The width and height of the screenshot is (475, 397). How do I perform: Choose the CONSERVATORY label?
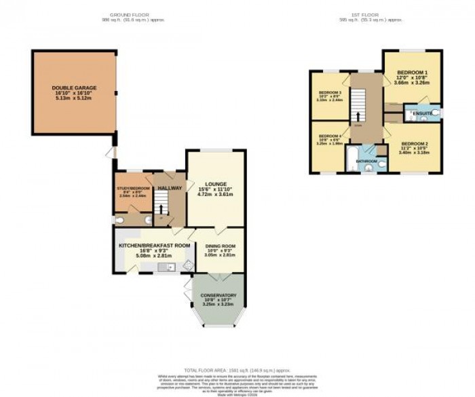point(219,295)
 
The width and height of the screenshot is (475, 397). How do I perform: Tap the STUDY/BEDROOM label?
point(132,189)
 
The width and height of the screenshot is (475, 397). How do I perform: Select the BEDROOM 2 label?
point(413,144)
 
